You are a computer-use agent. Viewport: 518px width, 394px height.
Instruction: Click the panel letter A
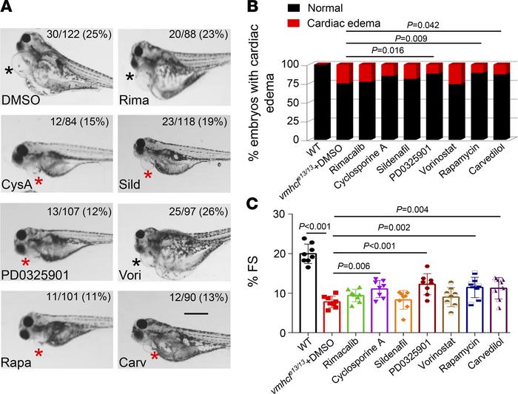coord(9,9)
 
